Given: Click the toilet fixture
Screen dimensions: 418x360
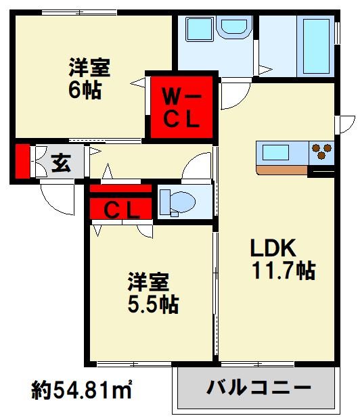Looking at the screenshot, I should coord(177,202).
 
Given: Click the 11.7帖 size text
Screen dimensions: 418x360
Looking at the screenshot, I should coord(283,271).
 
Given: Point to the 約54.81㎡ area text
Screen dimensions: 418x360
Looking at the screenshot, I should coord(82,390).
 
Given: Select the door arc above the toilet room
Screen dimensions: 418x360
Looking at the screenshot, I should coord(199,166).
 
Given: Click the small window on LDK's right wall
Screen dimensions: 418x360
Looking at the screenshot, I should coord(346,124).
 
